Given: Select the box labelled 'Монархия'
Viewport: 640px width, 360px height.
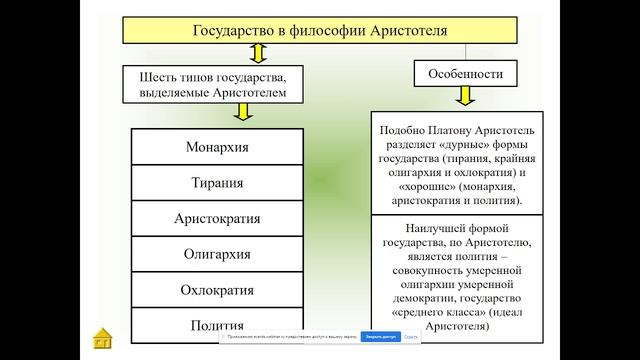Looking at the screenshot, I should pyautogui.click(x=217, y=148).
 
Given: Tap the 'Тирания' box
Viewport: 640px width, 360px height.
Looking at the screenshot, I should pyautogui.click(x=217, y=183).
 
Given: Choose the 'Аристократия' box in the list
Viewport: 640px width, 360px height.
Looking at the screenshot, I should pyautogui.click(x=217, y=219).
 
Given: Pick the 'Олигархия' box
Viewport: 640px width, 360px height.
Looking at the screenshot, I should pyautogui.click(x=217, y=255).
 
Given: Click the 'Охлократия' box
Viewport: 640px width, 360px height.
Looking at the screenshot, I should pyautogui.click(x=217, y=290).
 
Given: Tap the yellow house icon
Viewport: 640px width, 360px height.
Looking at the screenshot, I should pyautogui.click(x=102, y=338).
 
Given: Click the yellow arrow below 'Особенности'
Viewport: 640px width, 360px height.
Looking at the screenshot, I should pyautogui.click(x=465, y=97).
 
